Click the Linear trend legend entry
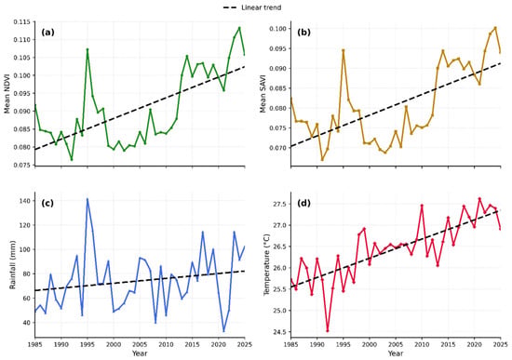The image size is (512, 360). (x=252, y=7)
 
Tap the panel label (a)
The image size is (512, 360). (x=47, y=33)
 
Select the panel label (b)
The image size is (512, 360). (x=303, y=33)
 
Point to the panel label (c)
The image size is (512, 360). (x=47, y=203)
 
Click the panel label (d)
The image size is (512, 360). (x=303, y=203)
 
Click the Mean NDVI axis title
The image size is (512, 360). (x=7, y=93)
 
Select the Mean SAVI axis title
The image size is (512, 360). (x=263, y=93)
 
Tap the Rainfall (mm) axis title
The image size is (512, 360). (x=12, y=264)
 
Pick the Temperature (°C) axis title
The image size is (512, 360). (x=267, y=264)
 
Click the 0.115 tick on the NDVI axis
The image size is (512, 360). (x=22, y=22)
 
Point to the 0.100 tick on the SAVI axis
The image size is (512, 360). (x=278, y=29)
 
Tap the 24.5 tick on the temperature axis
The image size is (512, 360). (x=280, y=332)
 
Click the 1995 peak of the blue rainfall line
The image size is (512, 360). (x=88, y=199)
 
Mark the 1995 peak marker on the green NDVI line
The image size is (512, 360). (x=88, y=49)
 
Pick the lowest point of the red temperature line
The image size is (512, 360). (x=328, y=331)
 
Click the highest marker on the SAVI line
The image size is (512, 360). (x=495, y=28)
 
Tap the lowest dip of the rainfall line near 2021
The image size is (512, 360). (x=223, y=331)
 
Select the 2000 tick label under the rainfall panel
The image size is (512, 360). (x=114, y=344)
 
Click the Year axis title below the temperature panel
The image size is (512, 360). (x=396, y=353)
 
